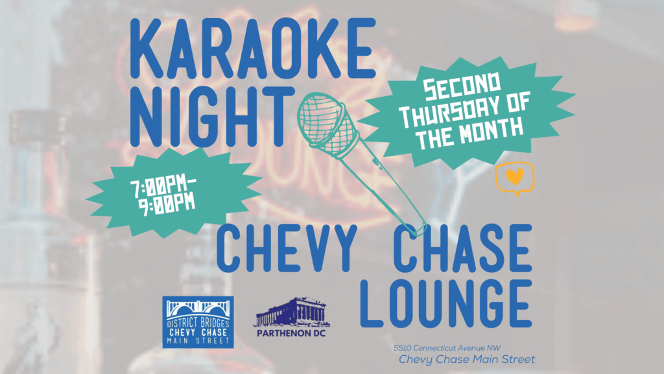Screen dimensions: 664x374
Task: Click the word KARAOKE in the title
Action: (x=253, y=48)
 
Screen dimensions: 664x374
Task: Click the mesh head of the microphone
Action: (x=327, y=123)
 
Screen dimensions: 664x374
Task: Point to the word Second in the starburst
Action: (x=462, y=86)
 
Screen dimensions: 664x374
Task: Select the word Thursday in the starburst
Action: (x=464, y=110)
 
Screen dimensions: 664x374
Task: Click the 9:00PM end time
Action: (x=167, y=204)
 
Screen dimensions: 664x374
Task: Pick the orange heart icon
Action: (x=514, y=176)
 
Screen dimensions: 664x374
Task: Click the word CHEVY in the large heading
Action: (x=287, y=248)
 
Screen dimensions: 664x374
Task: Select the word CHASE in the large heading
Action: (x=462, y=248)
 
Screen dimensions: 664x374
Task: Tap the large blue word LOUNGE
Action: (x=446, y=304)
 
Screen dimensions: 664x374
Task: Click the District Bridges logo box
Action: (x=198, y=322)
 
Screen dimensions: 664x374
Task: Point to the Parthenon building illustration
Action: (x=291, y=312)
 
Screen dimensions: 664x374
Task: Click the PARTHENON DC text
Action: (x=291, y=333)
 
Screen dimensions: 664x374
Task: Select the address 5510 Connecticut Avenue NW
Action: (x=447, y=348)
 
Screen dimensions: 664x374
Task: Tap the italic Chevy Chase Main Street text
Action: (x=467, y=360)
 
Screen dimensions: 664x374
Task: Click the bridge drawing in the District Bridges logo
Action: (x=198, y=309)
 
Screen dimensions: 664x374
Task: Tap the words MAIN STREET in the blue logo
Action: (x=198, y=340)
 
